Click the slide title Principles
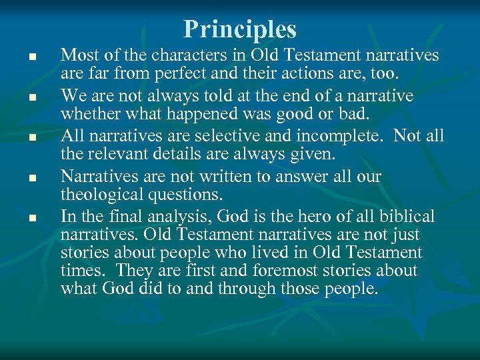point(240,29)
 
